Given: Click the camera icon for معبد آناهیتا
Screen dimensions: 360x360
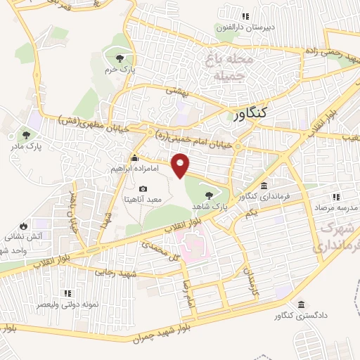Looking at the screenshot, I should click(143, 188).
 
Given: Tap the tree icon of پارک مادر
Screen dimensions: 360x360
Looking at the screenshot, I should click(27, 135).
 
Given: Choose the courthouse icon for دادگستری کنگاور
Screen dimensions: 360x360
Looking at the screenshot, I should click(301, 304).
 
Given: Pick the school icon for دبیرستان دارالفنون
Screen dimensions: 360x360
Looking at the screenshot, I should click(245, 16).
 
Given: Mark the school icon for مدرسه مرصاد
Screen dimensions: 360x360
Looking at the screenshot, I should click(336, 198).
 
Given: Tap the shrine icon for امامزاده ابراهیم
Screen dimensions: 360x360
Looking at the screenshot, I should click(134, 158).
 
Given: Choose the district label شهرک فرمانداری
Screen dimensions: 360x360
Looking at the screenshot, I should click(334, 238).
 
